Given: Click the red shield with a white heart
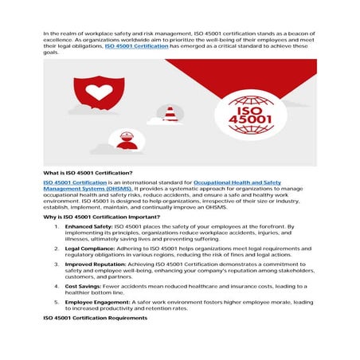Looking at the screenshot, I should click(x=100, y=92).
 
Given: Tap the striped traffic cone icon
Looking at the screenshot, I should click(x=170, y=114).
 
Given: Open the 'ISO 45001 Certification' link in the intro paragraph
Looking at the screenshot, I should click(x=136, y=47).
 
